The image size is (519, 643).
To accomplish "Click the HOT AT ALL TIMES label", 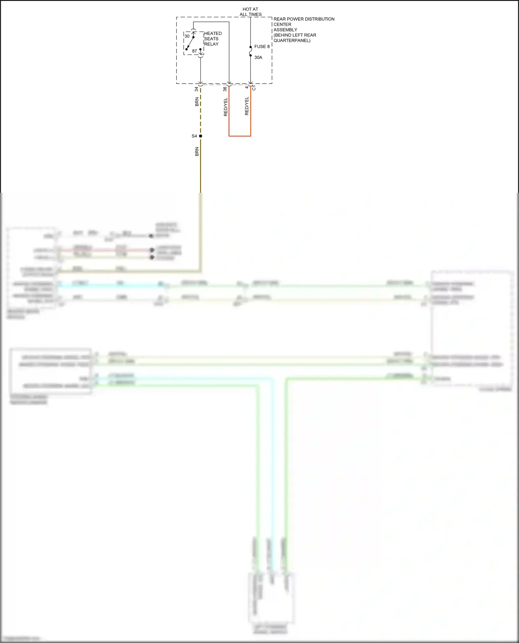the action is (x=251, y=12).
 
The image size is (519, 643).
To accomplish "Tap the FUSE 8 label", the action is (x=262, y=47).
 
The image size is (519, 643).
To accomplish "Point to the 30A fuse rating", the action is (x=258, y=57).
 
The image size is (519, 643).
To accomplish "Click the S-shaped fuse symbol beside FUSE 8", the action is (x=251, y=51).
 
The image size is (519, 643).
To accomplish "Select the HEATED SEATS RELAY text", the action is (x=212, y=39).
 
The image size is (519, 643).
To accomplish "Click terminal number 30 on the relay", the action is (x=187, y=36).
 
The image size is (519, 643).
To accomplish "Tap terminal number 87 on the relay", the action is (x=194, y=51).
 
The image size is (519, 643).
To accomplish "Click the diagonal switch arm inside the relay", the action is (x=190, y=43).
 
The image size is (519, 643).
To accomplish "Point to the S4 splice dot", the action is (x=200, y=136).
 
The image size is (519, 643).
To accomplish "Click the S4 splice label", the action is (x=194, y=136).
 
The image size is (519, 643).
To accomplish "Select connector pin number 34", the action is (x=197, y=89).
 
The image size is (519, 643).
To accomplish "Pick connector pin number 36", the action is (x=225, y=89).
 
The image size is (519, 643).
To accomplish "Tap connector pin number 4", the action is (x=247, y=87).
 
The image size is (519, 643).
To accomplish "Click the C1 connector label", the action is (x=254, y=88).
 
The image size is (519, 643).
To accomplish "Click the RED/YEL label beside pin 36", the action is (x=226, y=107).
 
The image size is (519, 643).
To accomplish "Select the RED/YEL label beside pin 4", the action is (x=247, y=106).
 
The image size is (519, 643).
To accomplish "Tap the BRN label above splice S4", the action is (x=197, y=102).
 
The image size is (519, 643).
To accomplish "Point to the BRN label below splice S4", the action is (x=197, y=152).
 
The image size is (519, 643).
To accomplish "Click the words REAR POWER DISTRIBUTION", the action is (x=304, y=19).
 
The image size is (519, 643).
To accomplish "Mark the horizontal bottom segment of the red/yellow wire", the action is (x=240, y=136).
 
